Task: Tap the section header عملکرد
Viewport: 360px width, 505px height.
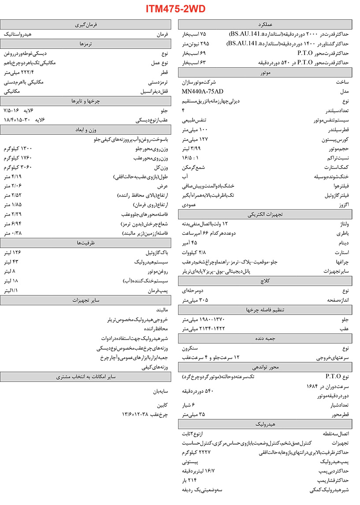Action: pyautogui.click(x=265, y=24)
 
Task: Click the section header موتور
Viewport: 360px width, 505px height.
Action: pyautogui.click(x=265, y=73)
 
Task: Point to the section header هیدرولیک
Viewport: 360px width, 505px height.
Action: pyautogui.click(x=265, y=424)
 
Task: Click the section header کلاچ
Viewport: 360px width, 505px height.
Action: pyautogui.click(x=265, y=281)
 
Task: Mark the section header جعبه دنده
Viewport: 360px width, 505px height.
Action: pyautogui.click(x=265, y=339)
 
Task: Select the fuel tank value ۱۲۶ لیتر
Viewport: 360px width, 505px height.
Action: pyautogui.click(x=12, y=252)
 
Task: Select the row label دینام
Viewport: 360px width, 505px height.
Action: pyautogui.click(x=343, y=243)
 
